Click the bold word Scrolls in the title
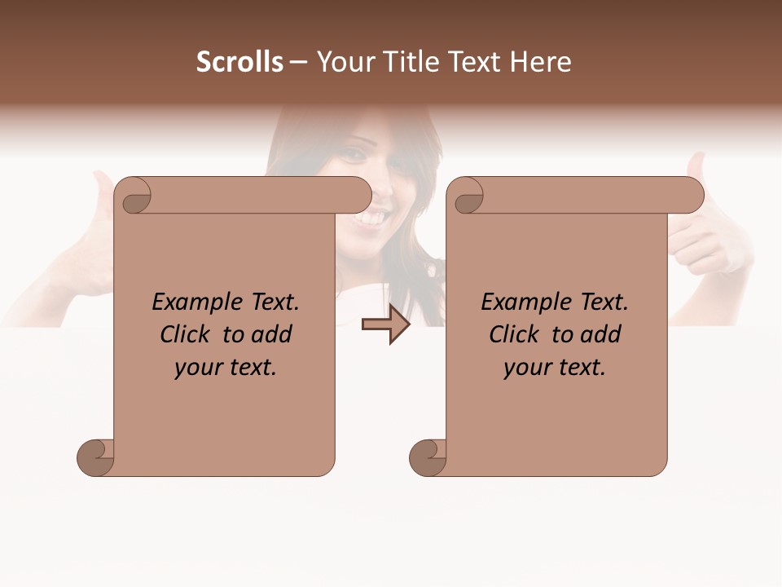pyautogui.click(x=239, y=62)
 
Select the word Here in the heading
pyautogui.click(x=541, y=62)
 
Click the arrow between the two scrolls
pyautogui.click(x=385, y=325)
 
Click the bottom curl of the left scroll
pyautogui.click(x=94, y=457)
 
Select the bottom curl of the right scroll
pyautogui.click(x=427, y=457)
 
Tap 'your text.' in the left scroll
pyautogui.click(x=226, y=367)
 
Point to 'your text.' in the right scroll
pyautogui.click(x=555, y=367)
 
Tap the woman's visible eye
pyautogui.click(x=356, y=153)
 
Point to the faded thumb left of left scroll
pyautogui.click(x=102, y=196)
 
